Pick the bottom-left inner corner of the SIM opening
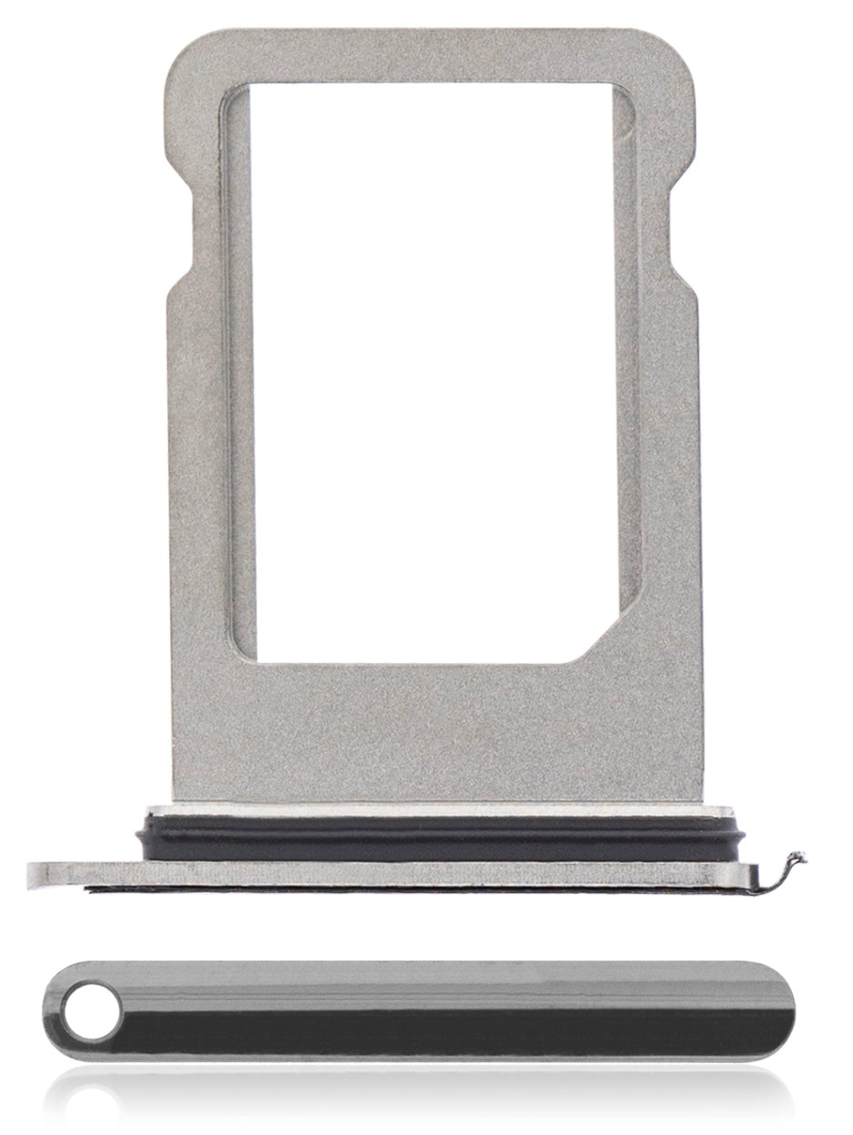point(238,657)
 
